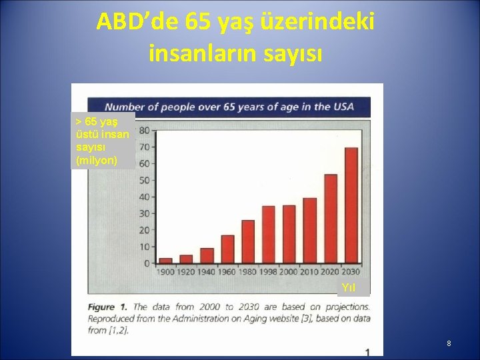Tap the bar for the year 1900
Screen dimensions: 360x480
166,261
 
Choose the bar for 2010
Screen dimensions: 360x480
309,231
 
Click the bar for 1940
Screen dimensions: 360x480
207,255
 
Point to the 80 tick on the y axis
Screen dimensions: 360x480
144,131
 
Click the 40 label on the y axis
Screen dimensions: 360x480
144,197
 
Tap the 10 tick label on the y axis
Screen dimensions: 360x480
144,247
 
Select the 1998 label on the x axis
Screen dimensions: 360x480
269,271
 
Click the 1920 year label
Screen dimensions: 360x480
186,271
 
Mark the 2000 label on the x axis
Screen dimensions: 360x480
289,271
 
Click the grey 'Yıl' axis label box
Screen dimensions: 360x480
349,288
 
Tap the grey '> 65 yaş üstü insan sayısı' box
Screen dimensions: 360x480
103,141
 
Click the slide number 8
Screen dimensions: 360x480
449,343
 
